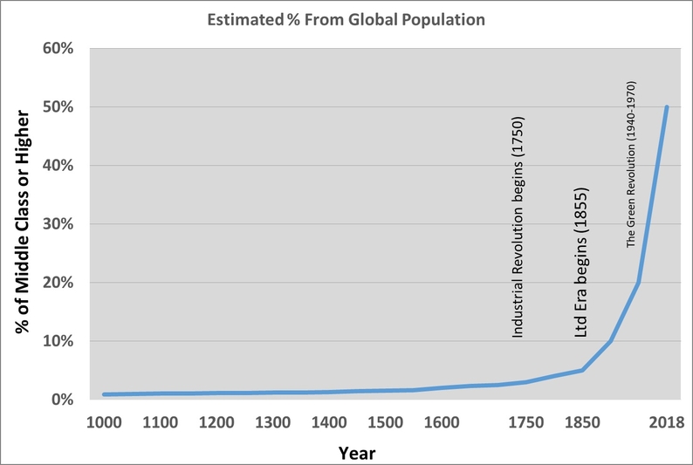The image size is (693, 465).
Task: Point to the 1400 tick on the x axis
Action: (329, 422)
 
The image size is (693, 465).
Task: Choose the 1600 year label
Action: (442, 422)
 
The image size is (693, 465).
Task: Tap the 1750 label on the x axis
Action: (526, 422)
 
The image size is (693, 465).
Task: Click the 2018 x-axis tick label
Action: (668, 422)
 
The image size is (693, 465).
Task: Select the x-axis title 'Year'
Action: (359, 453)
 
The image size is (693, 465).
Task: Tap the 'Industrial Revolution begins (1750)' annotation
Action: (518, 227)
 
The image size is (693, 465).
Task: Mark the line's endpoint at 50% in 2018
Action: (667, 107)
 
